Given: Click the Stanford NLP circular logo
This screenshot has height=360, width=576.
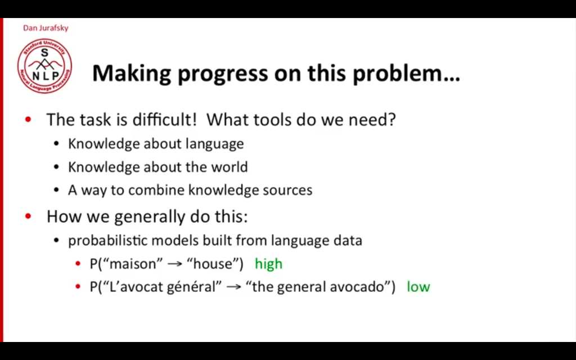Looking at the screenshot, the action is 45,66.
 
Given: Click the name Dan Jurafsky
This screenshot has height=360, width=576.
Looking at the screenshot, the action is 46,28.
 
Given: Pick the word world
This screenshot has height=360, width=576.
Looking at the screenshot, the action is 229,166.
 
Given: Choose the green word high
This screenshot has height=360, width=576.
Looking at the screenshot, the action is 268,264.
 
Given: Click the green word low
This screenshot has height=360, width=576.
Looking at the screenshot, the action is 418,286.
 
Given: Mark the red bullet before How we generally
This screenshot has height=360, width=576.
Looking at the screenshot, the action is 28,217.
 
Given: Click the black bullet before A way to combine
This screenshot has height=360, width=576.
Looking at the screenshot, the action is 56,190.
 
